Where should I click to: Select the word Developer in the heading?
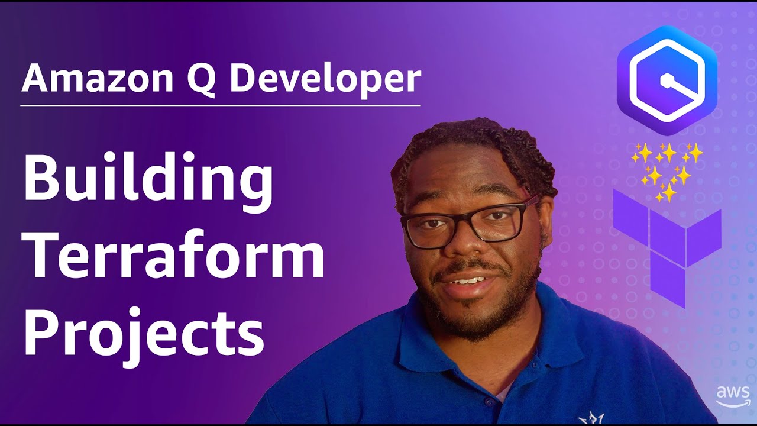click(325, 80)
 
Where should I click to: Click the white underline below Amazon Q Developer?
click(221, 106)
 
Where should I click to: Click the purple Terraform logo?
click(667, 246)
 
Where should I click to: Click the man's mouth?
click(467, 280)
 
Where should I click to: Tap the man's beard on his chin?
click(470, 317)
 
